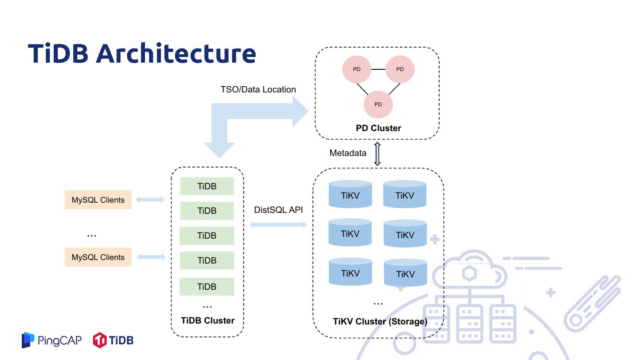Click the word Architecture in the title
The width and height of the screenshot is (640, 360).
tap(176, 53)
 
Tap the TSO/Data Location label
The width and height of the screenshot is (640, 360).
tap(258, 89)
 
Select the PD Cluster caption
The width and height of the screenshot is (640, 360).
tap(378, 128)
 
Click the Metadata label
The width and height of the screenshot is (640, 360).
tap(348, 153)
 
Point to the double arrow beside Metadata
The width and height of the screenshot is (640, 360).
tap(377, 154)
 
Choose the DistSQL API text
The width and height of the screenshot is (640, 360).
tap(278, 210)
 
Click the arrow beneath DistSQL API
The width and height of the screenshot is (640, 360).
tap(278, 225)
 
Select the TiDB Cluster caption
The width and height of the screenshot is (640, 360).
tap(208, 320)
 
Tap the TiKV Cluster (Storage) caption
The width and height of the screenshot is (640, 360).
tap(380, 321)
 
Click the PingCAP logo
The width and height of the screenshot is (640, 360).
tap(52, 340)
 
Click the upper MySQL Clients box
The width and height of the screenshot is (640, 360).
tap(98, 200)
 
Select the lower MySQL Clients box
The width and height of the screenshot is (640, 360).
tap(98, 257)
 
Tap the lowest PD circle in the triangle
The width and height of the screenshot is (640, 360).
tap(378, 104)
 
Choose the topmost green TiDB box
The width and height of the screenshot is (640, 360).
tap(207, 186)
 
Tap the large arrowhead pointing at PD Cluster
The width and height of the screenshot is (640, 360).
tap(300, 111)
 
